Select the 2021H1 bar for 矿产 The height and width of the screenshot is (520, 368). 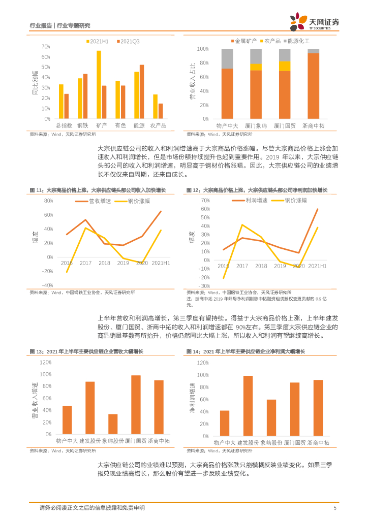coord(99,85)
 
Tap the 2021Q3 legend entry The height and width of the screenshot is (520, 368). coord(129,40)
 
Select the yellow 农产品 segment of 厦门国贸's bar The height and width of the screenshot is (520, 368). coord(285,66)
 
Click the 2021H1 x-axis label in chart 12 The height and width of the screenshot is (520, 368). coord(317,266)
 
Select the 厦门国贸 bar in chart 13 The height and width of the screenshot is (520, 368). coord(136,405)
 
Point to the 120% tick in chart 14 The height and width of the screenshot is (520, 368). coord(202,363)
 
